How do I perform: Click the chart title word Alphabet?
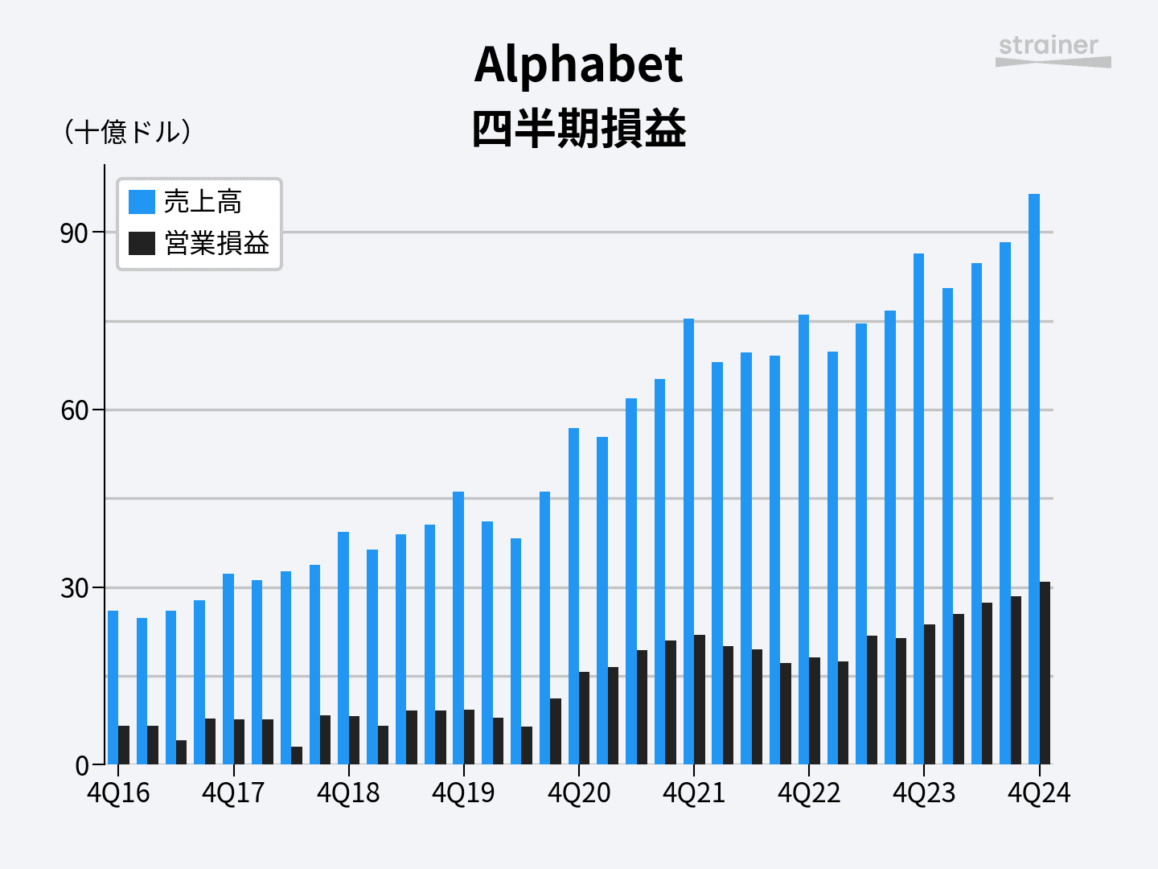point(578,64)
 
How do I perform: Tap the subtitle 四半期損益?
point(578,129)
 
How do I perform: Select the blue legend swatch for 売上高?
point(142,202)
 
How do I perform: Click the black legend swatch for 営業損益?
point(142,243)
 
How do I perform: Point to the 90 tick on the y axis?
point(74,233)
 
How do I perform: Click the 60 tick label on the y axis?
point(74,410)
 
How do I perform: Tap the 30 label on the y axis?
point(74,588)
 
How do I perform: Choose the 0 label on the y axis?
point(82,765)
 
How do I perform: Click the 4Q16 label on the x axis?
point(118,793)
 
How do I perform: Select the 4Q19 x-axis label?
point(463,793)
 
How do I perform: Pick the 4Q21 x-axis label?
point(693,793)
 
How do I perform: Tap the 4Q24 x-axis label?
point(1039,793)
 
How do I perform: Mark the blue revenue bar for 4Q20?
point(573,595)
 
